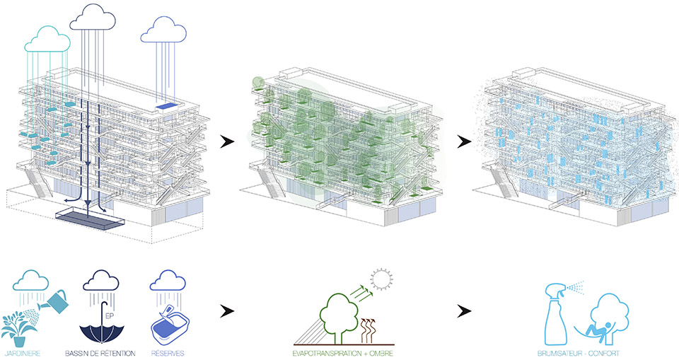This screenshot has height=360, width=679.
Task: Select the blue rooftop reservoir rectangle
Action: [166, 106]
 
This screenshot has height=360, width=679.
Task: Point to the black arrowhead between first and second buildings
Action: [226, 141]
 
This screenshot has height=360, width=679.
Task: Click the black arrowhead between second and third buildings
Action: [464, 141]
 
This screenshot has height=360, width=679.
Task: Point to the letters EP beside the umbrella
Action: [110, 317]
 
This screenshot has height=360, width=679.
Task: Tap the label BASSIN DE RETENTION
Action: [100, 354]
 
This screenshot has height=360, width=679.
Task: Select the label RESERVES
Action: [168, 354]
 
